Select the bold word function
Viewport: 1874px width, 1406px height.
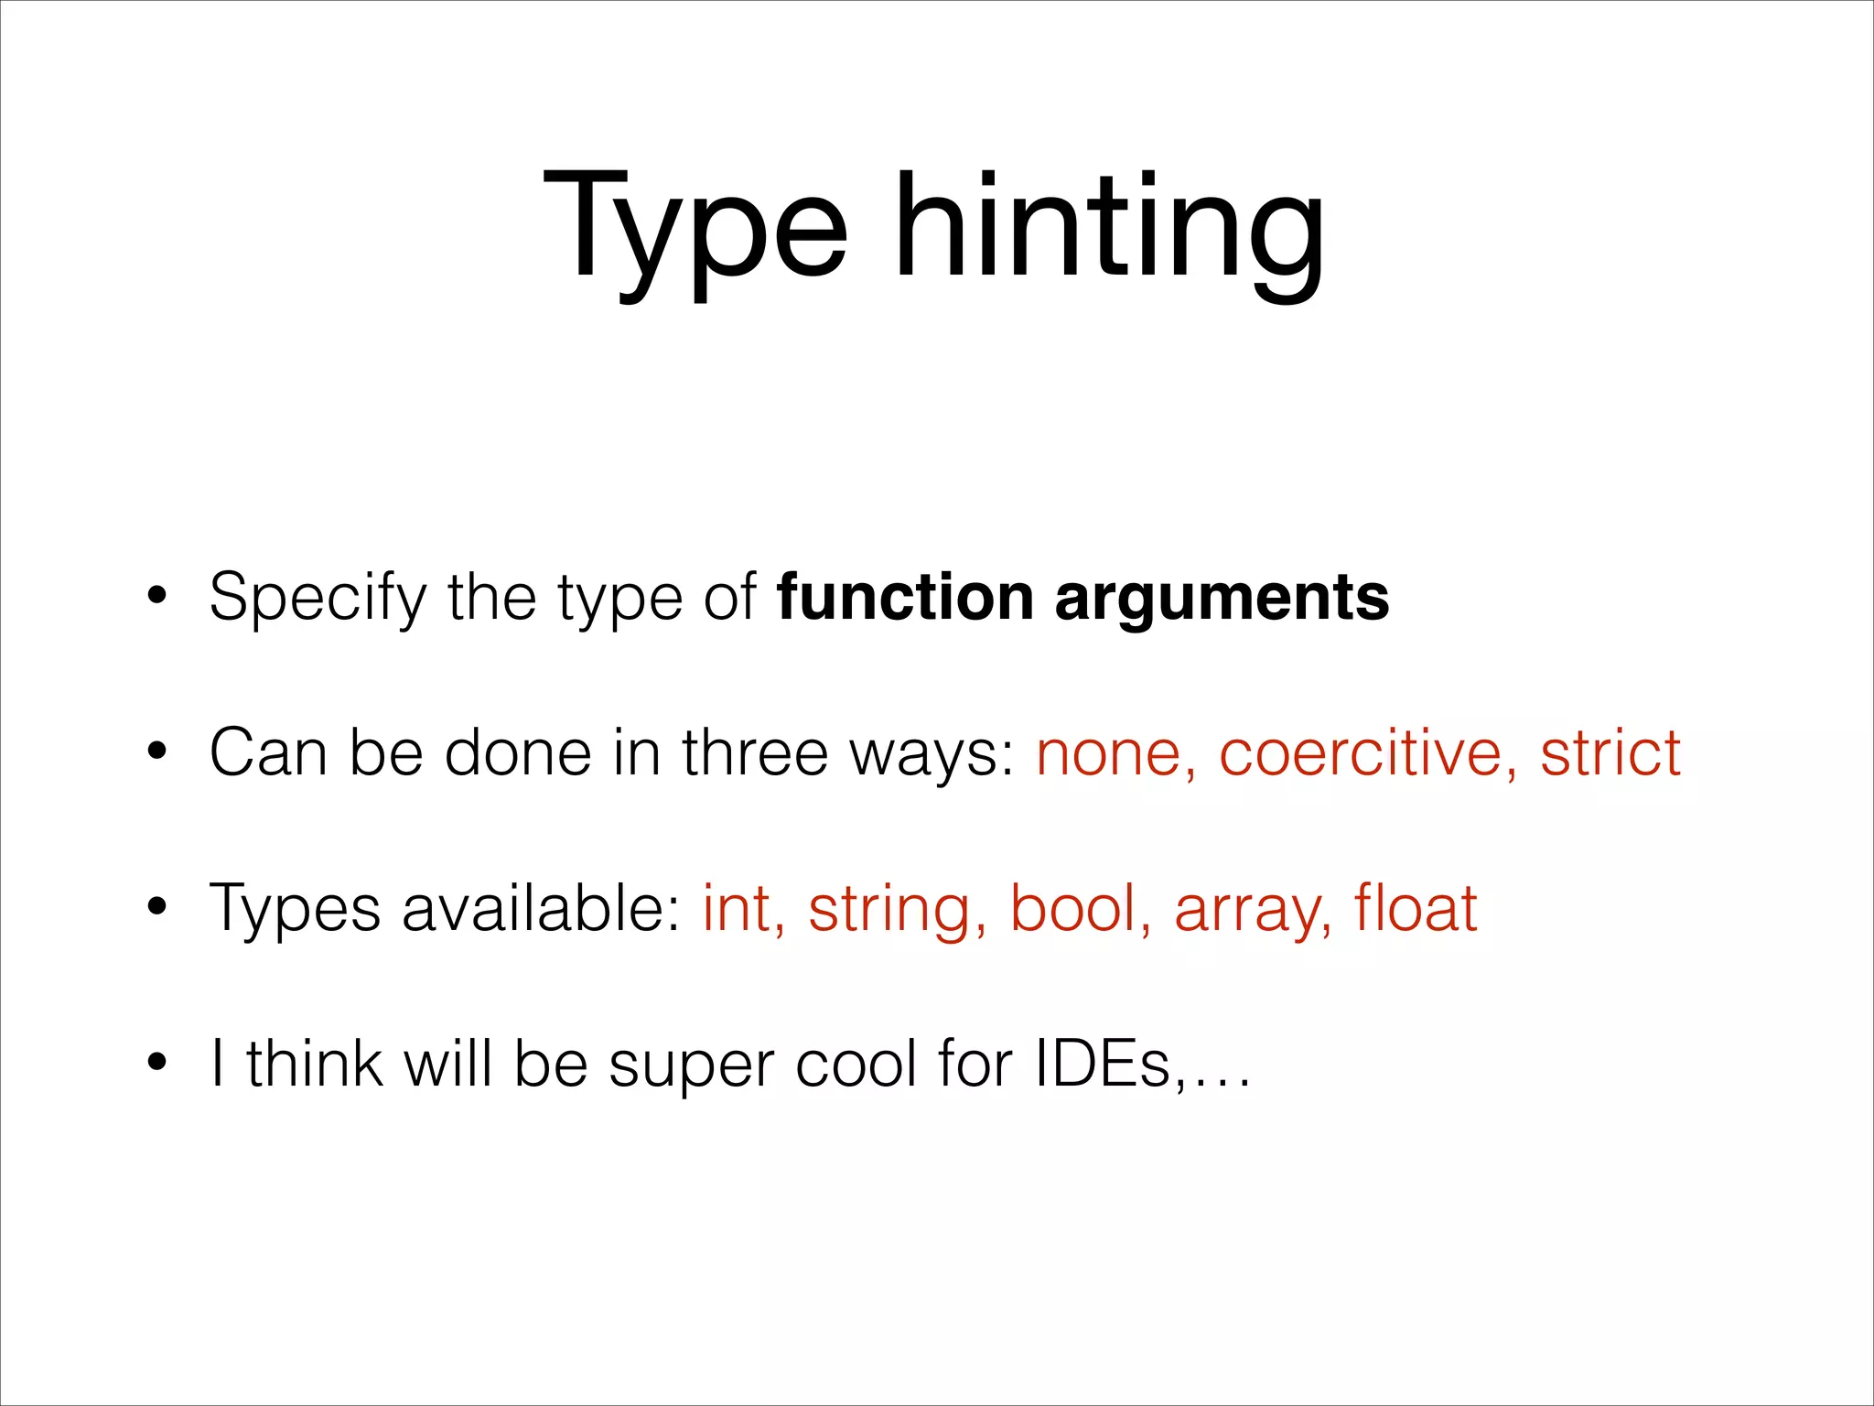click(904, 598)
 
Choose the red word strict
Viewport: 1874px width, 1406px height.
click(1610, 753)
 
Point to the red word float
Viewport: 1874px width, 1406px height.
click(1416, 909)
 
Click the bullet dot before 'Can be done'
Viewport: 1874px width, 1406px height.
click(157, 753)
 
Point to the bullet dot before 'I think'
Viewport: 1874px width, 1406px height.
click(157, 1064)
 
